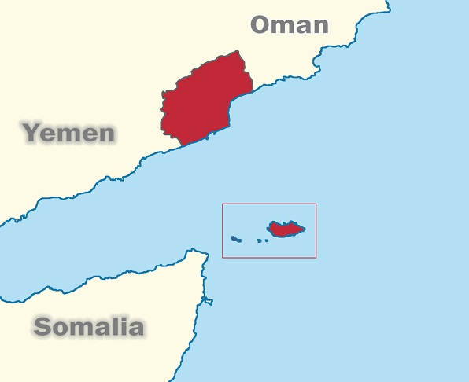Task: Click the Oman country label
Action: (x=289, y=24)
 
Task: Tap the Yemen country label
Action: (x=69, y=132)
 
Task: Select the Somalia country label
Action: (x=89, y=326)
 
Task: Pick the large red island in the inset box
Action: (x=286, y=229)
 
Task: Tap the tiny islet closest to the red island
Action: (x=266, y=240)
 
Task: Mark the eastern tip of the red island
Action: (x=305, y=229)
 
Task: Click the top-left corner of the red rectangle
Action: (x=223, y=204)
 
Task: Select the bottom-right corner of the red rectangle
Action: (x=316, y=257)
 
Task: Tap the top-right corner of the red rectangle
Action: (x=316, y=204)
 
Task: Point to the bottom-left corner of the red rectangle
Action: (x=223, y=257)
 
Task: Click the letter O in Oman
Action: (x=263, y=24)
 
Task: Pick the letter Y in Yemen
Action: (x=31, y=131)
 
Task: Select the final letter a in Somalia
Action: (x=135, y=328)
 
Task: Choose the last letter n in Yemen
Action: (x=105, y=134)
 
